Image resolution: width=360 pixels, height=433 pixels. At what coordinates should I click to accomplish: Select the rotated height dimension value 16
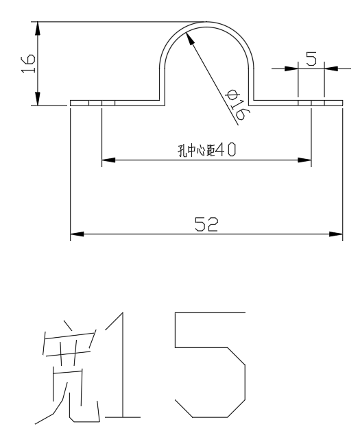pos(27,64)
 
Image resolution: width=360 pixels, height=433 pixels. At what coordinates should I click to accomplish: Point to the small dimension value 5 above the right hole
pos(311,59)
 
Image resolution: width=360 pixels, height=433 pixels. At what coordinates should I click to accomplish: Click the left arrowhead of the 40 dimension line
pos(108,162)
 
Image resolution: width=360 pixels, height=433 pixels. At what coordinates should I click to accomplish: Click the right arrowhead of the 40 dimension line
pos(305,162)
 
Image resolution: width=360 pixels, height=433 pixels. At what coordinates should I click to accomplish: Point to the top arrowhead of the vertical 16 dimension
pos(38,28)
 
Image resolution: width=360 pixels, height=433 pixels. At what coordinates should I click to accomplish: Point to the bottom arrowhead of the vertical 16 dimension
pos(38,100)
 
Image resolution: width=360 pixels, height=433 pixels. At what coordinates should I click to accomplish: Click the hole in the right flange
pos(311,103)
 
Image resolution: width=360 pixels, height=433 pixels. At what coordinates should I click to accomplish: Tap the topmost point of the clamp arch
pos(206,22)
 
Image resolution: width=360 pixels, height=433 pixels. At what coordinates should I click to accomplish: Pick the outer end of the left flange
pos(71,103)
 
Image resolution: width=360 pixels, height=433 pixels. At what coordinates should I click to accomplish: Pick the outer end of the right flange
pos(341,103)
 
